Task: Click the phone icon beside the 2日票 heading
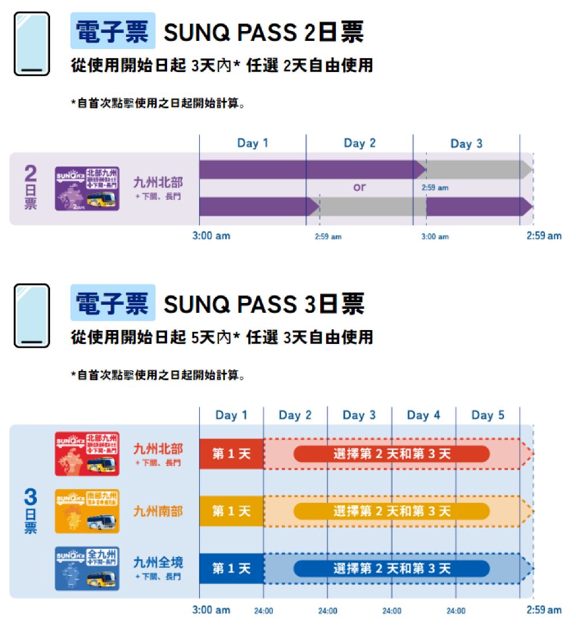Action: pos(32,44)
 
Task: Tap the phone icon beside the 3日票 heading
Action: pos(32,316)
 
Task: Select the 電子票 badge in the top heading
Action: pos(113,31)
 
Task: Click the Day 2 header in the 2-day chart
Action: pos(359,143)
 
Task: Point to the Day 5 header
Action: pos(487,415)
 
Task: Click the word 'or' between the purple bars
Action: pos(359,187)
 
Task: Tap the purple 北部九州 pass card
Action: pos(87,188)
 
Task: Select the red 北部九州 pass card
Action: pos(87,453)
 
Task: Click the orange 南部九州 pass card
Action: pos(87,511)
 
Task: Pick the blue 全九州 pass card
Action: pos(87,569)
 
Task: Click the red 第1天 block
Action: pos(232,454)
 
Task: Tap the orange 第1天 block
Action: pos(232,511)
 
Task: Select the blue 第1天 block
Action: pos(232,569)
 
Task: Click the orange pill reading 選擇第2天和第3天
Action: pos(392,511)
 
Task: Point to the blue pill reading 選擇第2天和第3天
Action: pos(392,569)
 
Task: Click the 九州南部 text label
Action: pos(158,511)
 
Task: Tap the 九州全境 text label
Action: pos(158,562)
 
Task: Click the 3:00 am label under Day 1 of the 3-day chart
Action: pos(211,609)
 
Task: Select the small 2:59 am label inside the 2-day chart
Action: pos(435,188)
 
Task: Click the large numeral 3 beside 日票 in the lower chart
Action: pos(31,498)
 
